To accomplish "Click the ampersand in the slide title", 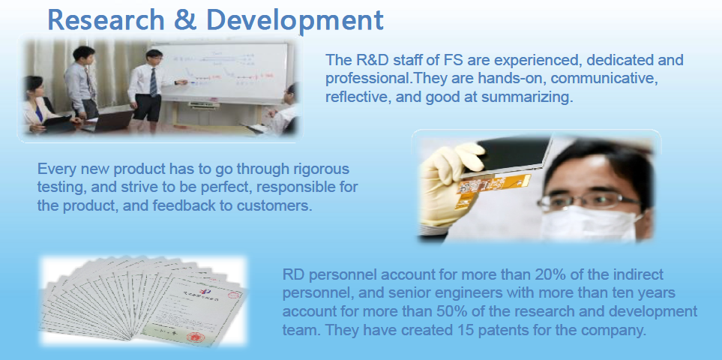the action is point(185,19).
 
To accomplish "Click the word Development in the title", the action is point(295,21).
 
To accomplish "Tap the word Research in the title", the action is point(106,19).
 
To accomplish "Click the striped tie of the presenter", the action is point(154,82).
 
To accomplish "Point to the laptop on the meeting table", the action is point(110,121).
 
